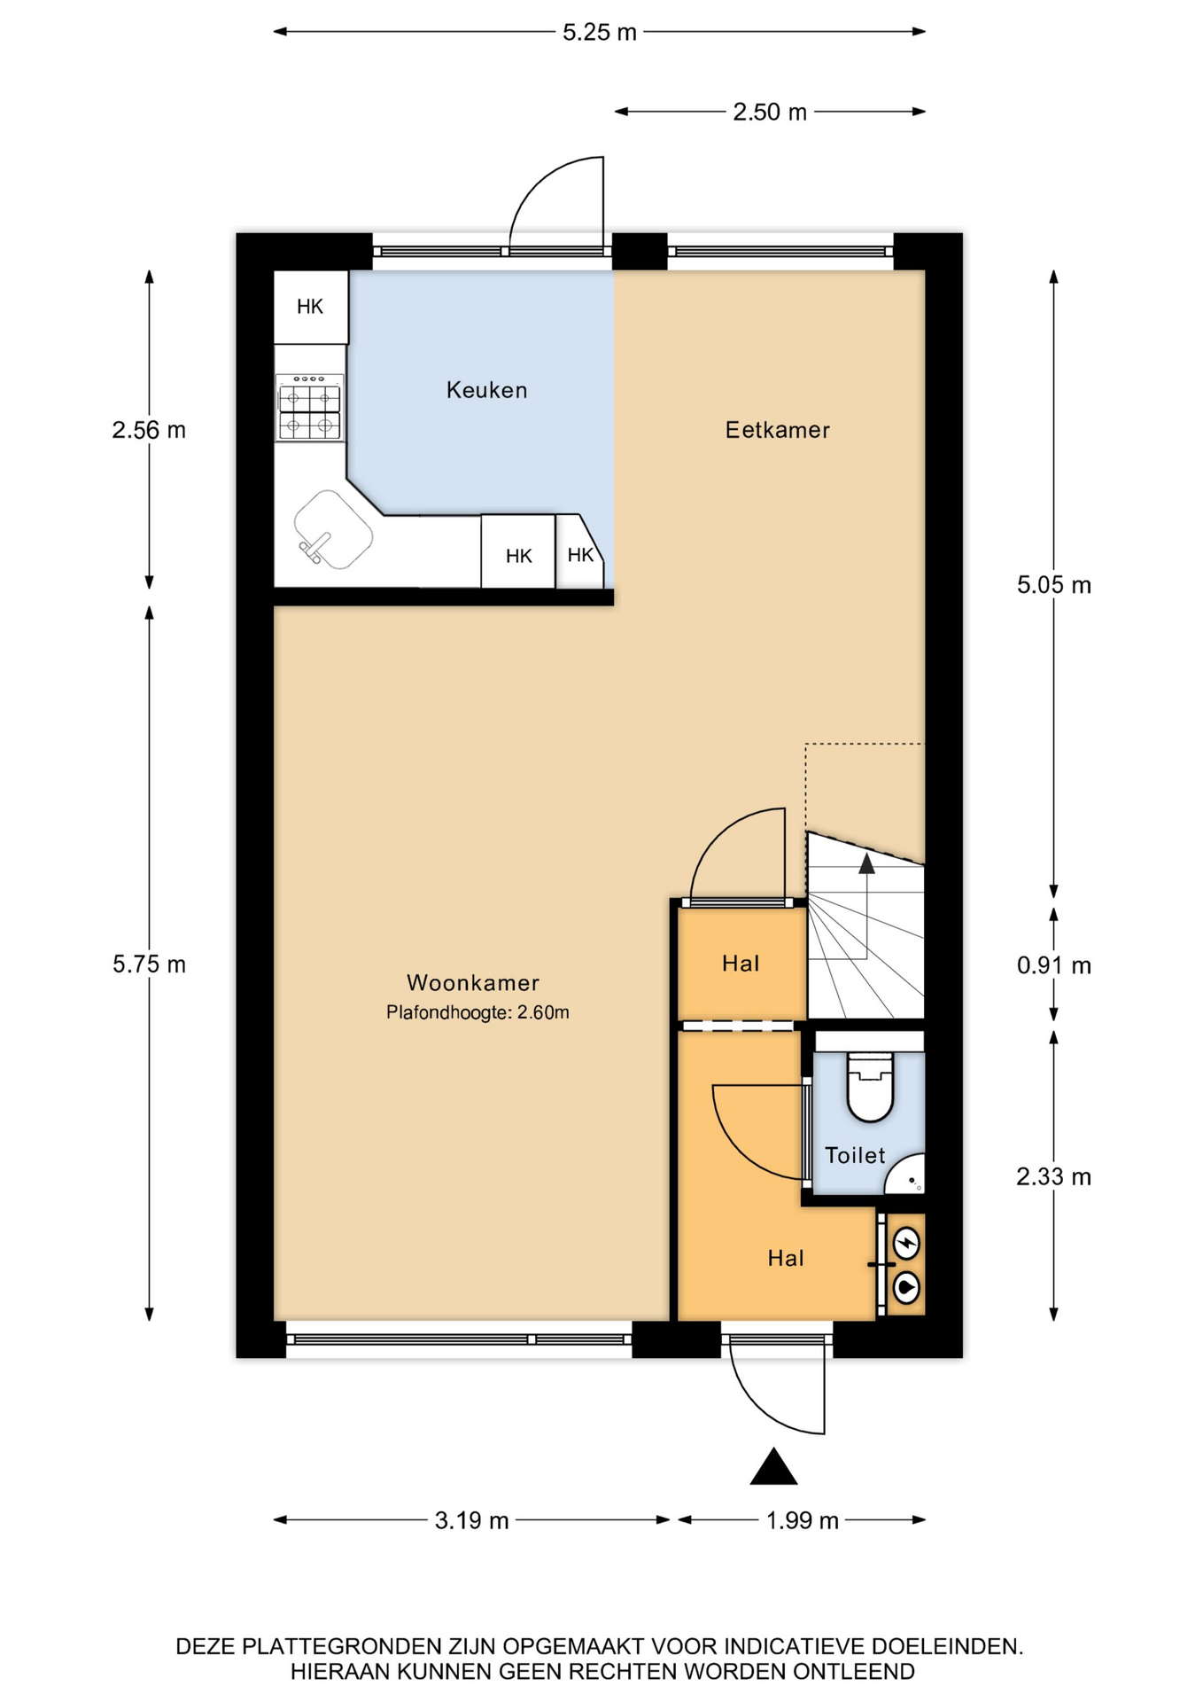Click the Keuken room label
pos(486,390)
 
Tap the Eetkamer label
pos(777,430)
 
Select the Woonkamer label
pos(473,982)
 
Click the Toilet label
pos(855,1155)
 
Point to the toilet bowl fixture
pos(869,1086)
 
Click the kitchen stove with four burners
pos(309,407)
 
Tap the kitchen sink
pos(333,529)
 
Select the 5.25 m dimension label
pos(600,33)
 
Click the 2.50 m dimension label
pos(770,113)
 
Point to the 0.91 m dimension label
pos(1053,965)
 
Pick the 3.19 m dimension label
pos(471,1521)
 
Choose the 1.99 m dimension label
pos(802,1521)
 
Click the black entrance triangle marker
pos(773,1467)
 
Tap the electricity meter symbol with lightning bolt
pos(905,1244)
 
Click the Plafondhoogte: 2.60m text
pos(477,1012)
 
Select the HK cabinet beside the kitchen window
pos(310,307)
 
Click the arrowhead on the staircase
pos(866,863)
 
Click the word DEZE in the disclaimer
pos(206,1647)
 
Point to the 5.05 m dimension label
pos(1053,585)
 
